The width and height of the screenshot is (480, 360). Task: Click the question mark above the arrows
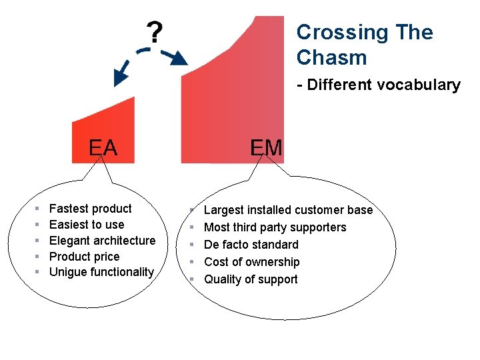154,32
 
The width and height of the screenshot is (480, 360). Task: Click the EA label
103,147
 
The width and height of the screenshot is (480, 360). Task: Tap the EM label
266,147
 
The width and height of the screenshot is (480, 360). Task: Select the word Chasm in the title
331,58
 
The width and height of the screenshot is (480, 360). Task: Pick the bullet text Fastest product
91,209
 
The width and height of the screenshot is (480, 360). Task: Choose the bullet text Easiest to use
87,225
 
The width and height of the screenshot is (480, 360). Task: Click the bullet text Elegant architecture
102,241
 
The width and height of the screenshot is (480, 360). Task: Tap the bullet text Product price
85,257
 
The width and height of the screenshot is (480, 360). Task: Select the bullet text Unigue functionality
101,272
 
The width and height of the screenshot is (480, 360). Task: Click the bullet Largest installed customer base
288,210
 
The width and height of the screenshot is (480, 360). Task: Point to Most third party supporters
275,227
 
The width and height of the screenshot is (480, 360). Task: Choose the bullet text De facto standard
251,245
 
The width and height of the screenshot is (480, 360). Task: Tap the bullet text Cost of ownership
251,262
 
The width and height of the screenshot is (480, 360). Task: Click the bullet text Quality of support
251,279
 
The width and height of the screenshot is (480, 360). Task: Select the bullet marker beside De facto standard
192,245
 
